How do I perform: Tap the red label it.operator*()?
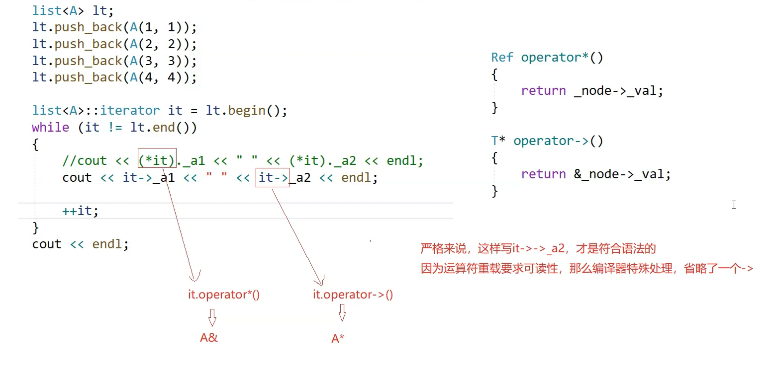coord(224,295)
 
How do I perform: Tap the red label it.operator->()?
coord(353,295)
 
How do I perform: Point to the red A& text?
coord(209,338)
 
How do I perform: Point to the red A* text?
coord(338,339)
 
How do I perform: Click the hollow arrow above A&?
coord(212,317)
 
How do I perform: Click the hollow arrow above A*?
coord(342,313)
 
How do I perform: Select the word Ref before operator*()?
coord(502,58)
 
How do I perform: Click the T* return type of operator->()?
coord(498,141)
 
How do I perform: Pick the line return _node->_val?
coord(592,91)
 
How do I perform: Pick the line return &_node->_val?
coord(596,174)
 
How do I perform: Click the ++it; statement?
coord(81,211)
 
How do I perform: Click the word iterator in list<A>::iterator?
coord(130,110)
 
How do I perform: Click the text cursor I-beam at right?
coord(734,205)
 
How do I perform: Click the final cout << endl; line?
coord(80,244)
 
